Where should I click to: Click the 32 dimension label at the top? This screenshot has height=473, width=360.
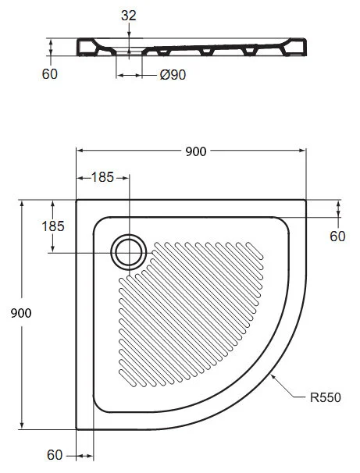128,15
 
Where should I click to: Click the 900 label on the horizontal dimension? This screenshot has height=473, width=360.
195,151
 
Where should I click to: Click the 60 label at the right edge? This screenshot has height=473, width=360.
337,236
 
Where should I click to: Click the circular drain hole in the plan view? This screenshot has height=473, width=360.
128,251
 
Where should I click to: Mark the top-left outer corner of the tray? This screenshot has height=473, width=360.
77,198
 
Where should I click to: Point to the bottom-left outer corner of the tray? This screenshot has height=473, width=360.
77,429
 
